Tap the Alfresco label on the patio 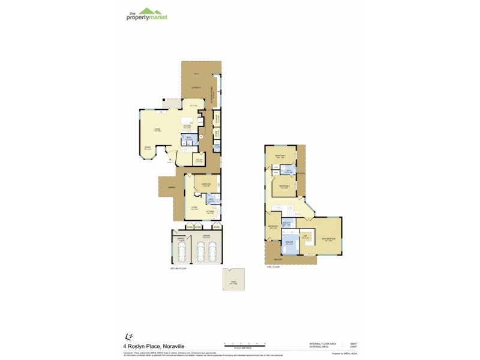[x=196, y=88]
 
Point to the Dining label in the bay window [x=147, y=148]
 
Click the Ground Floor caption [x=179, y=269]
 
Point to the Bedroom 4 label [x=280, y=156]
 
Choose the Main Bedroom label [x=328, y=239]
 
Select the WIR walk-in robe [x=305, y=236]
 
